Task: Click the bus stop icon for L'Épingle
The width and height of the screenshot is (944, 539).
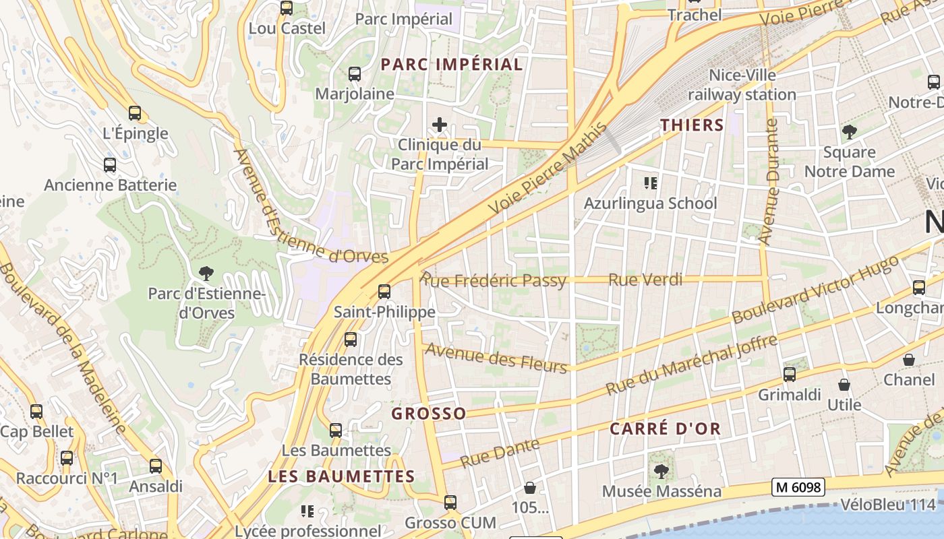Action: tap(135, 113)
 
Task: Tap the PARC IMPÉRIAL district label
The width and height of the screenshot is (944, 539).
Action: tap(452, 65)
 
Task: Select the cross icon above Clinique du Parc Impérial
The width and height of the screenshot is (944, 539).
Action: tap(440, 125)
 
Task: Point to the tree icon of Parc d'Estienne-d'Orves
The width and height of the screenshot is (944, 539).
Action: tap(206, 273)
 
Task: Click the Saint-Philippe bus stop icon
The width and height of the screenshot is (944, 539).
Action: tap(384, 292)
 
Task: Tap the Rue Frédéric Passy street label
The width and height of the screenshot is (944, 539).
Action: tap(494, 280)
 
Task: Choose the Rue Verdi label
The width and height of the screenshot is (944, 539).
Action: tap(645, 279)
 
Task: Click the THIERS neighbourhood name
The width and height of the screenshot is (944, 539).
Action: tap(692, 125)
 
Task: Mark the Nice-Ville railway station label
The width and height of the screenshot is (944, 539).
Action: tap(742, 85)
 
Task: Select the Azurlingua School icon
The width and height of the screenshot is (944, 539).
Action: tap(651, 183)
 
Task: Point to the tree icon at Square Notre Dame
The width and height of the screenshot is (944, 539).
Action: tap(849, 132)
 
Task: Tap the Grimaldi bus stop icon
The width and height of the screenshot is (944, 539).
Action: tap(790, 375)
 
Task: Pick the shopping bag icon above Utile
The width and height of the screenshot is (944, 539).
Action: tap(844, 385)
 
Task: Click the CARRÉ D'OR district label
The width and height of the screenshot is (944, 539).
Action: tap(665, 429)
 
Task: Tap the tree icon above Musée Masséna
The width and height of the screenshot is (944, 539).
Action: tap(661, 472)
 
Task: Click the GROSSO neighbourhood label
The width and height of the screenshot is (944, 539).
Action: tap(429, 414)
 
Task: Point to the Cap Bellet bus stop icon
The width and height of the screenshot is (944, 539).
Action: tap(36, 411)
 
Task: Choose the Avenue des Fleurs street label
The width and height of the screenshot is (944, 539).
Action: tap(496, 358)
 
